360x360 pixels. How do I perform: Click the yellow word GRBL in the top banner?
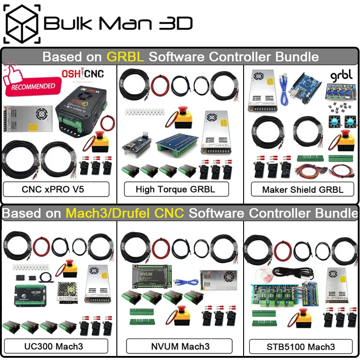tap(125, 57)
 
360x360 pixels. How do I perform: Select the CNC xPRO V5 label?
tap(56, 189)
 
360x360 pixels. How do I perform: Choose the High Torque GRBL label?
tap(176, 189)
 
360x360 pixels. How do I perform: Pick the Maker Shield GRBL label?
tap(302, 189)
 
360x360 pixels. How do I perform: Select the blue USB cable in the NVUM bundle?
tap(186, 283)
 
